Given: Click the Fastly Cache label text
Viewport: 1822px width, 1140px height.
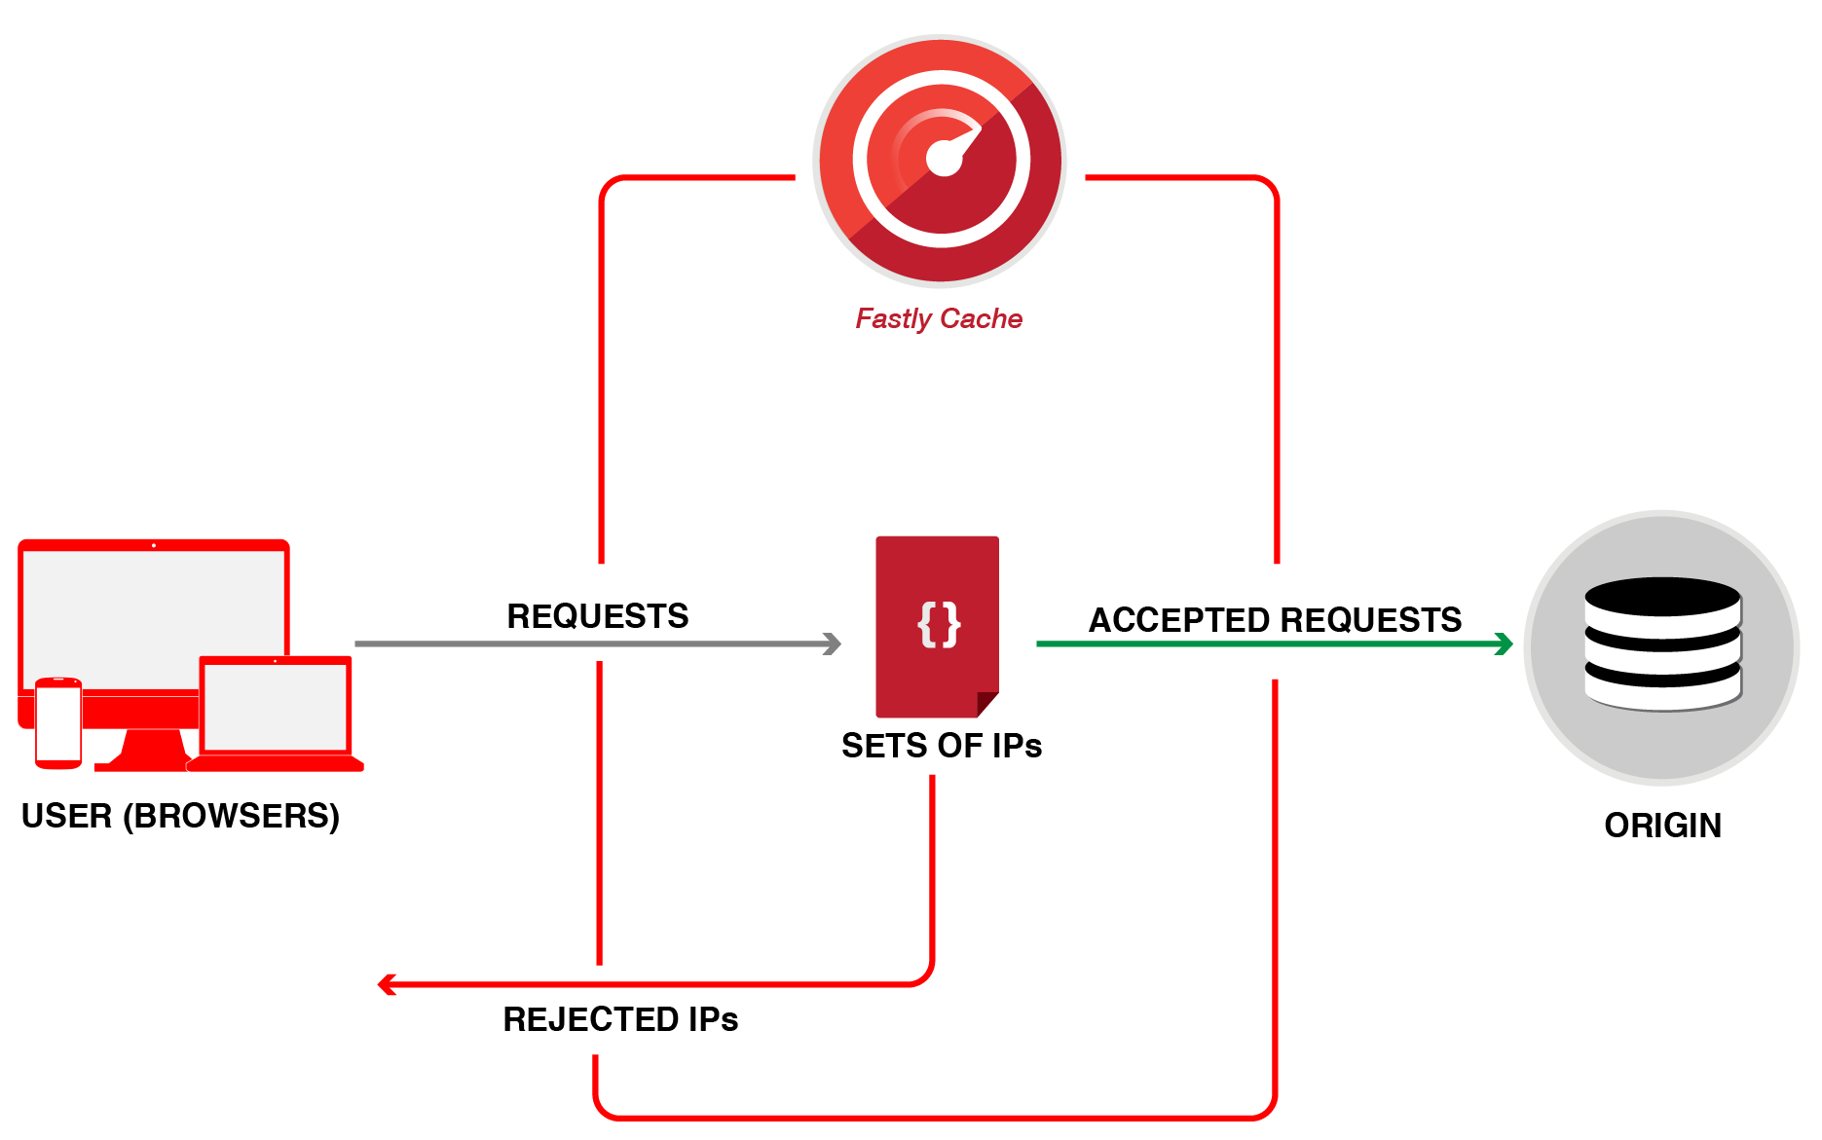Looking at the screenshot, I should click(x=938, y=319).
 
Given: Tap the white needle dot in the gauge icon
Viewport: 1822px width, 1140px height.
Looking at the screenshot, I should click(x=943, y=159).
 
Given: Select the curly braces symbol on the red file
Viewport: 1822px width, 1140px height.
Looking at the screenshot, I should click(x=939, y=624).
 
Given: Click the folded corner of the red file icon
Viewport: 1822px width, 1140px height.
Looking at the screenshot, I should click(x=986, y=704).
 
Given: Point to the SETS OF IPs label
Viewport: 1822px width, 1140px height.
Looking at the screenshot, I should click(x=941, y=746).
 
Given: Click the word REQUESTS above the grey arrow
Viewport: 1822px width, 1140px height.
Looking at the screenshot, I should click(x=597, y=616).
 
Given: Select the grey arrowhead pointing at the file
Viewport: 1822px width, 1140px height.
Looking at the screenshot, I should click(x=833, y=644).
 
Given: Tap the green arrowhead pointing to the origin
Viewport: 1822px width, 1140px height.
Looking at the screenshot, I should click(x=1505, y=644).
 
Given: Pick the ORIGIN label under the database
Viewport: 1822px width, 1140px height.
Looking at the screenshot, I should click(x=1662, y=826).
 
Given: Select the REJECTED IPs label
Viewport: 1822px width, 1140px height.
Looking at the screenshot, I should click(x=620, y=1019).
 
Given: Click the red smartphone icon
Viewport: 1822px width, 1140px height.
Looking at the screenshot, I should click(x=58, y=722).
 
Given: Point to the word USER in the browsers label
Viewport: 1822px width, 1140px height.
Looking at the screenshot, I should click(x=66, y=816).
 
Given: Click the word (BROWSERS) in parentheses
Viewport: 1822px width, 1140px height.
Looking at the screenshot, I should click(x=231, y=816).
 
